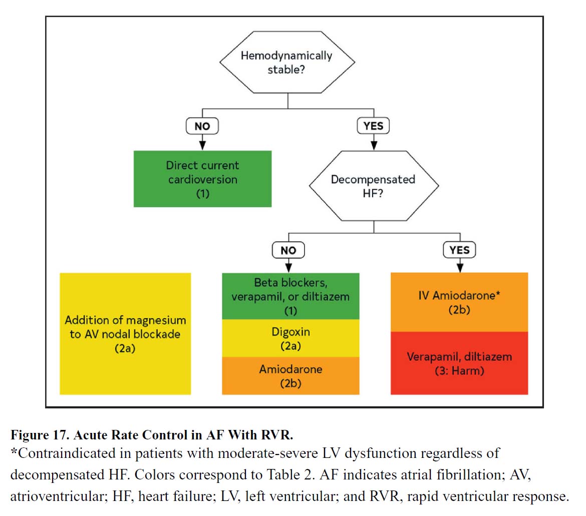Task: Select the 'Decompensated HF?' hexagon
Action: point(373,186)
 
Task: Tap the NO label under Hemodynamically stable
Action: point(202,126)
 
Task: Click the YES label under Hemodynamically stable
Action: point(373,126)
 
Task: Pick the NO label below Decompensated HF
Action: point(288,250)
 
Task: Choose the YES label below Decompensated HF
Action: point(459,250)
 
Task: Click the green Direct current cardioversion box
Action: point(202,179)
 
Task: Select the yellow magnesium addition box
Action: point(125,334)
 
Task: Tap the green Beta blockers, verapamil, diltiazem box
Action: point(290,296)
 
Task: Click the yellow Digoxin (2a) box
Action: point(290,338)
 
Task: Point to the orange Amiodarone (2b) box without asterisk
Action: point(290,376)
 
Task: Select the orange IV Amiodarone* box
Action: point(459,302)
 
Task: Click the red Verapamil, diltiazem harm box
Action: point(459,363)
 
